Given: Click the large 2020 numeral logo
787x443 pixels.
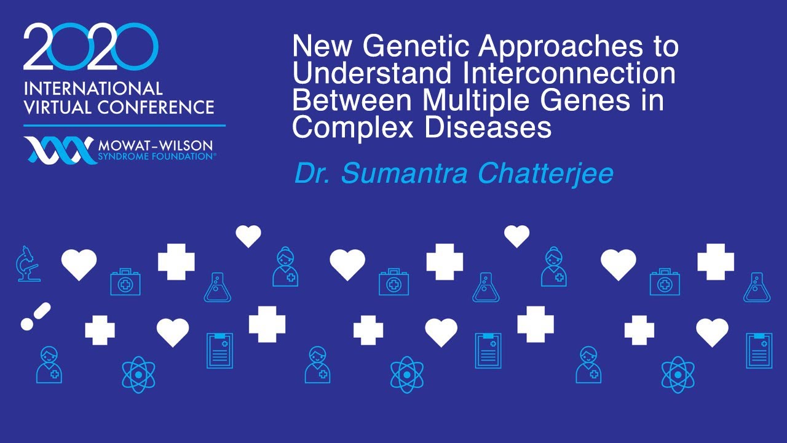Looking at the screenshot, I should click(x=91, y=47).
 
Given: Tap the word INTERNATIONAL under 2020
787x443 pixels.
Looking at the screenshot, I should click(x=93, y=89).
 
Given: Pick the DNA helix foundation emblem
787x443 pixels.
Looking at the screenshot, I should click(x=59, y=150).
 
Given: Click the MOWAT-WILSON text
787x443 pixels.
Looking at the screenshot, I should click(x=155, y=145).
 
